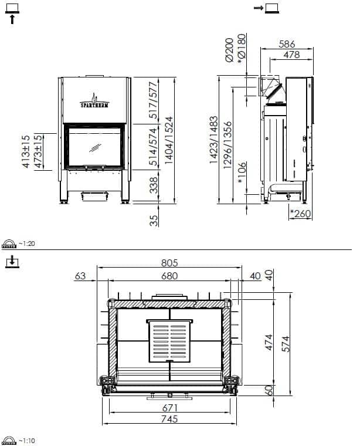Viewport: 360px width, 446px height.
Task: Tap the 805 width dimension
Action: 169,262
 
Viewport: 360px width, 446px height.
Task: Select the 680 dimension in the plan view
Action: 169,276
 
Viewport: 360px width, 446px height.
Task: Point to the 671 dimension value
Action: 170,408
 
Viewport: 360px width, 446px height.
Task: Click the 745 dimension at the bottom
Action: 169,418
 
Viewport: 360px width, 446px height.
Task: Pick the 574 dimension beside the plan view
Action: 286,344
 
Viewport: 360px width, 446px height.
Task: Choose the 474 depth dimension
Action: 269,342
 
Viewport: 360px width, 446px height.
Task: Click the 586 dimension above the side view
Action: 287,44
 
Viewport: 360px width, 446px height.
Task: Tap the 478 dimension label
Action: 291,55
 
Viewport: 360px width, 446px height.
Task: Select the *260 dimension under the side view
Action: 301,214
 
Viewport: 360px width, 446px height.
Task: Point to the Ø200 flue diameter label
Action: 229,50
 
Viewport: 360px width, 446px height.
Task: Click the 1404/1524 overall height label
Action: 169,140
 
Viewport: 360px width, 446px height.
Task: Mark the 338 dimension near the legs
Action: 154,185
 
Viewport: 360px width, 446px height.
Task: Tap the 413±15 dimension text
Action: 26,151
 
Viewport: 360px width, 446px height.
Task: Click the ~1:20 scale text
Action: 27,244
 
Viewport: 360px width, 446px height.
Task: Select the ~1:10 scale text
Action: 27,441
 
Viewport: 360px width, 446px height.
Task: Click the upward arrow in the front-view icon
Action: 12,19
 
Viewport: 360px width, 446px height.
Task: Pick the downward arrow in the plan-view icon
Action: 12,260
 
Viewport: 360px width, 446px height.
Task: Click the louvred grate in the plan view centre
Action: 169,341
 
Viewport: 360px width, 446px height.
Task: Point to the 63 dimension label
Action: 80,276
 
